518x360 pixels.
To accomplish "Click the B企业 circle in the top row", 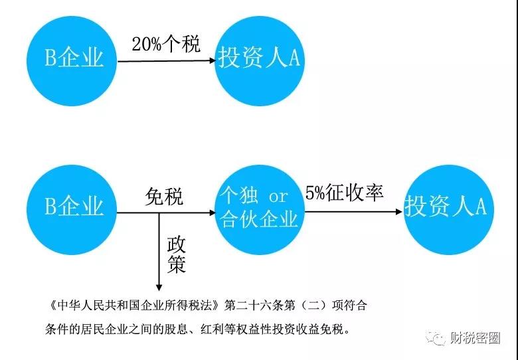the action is (72, 61).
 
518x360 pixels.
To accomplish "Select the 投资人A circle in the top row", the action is (260, 61).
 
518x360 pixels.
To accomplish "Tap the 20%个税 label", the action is (166, 44).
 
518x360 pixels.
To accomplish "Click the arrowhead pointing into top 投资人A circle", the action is (212, 60).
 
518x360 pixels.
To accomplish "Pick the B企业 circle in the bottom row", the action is (72, 210).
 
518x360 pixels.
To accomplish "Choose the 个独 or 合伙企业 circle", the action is (260, 210).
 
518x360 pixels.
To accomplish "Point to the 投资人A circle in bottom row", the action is (449, 210).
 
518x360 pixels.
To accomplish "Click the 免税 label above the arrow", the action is (164, 197).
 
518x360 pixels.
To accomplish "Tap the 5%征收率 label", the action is (344, 193).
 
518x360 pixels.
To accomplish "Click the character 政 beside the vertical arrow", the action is (177, 244).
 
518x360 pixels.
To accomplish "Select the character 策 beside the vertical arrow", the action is (177, 264).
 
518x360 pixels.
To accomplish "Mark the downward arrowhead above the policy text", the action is (159, 287).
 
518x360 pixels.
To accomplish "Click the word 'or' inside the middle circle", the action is (278, 197).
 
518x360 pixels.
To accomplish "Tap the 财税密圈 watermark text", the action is (475, 338).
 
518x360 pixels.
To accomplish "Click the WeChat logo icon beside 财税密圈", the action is (436, 337).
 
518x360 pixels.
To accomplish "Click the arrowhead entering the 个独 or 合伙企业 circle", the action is (212, 213).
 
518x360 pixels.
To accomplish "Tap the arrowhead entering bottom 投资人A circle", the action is (399, 212).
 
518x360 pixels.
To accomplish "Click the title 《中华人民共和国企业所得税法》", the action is (134, 306).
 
